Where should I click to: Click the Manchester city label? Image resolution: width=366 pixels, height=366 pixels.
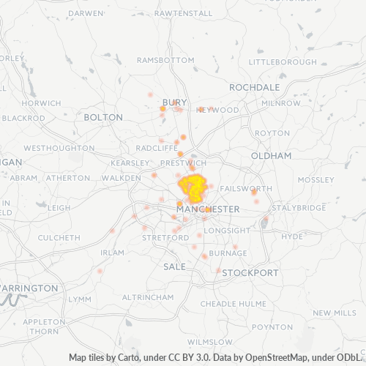click(x=208, y=209)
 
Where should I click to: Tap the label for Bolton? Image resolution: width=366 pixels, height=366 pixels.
click(x=103, y=116)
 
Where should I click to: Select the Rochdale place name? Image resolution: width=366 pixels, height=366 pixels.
click(x=255, y=86)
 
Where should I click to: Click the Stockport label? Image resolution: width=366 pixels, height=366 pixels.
click(x=250, y=272)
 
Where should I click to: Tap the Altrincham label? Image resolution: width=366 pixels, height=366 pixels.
click(x=147, y=297)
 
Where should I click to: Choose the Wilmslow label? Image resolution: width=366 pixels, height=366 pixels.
click(x=209, y=341)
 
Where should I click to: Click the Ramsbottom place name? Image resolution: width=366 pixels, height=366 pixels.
click(x=165, y=59)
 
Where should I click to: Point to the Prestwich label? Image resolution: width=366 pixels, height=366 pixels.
click(x=183, y=163)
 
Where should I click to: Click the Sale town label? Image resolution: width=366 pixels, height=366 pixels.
click(x=174, y=266)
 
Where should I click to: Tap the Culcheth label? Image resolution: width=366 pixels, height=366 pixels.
click(x=59, y=237)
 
